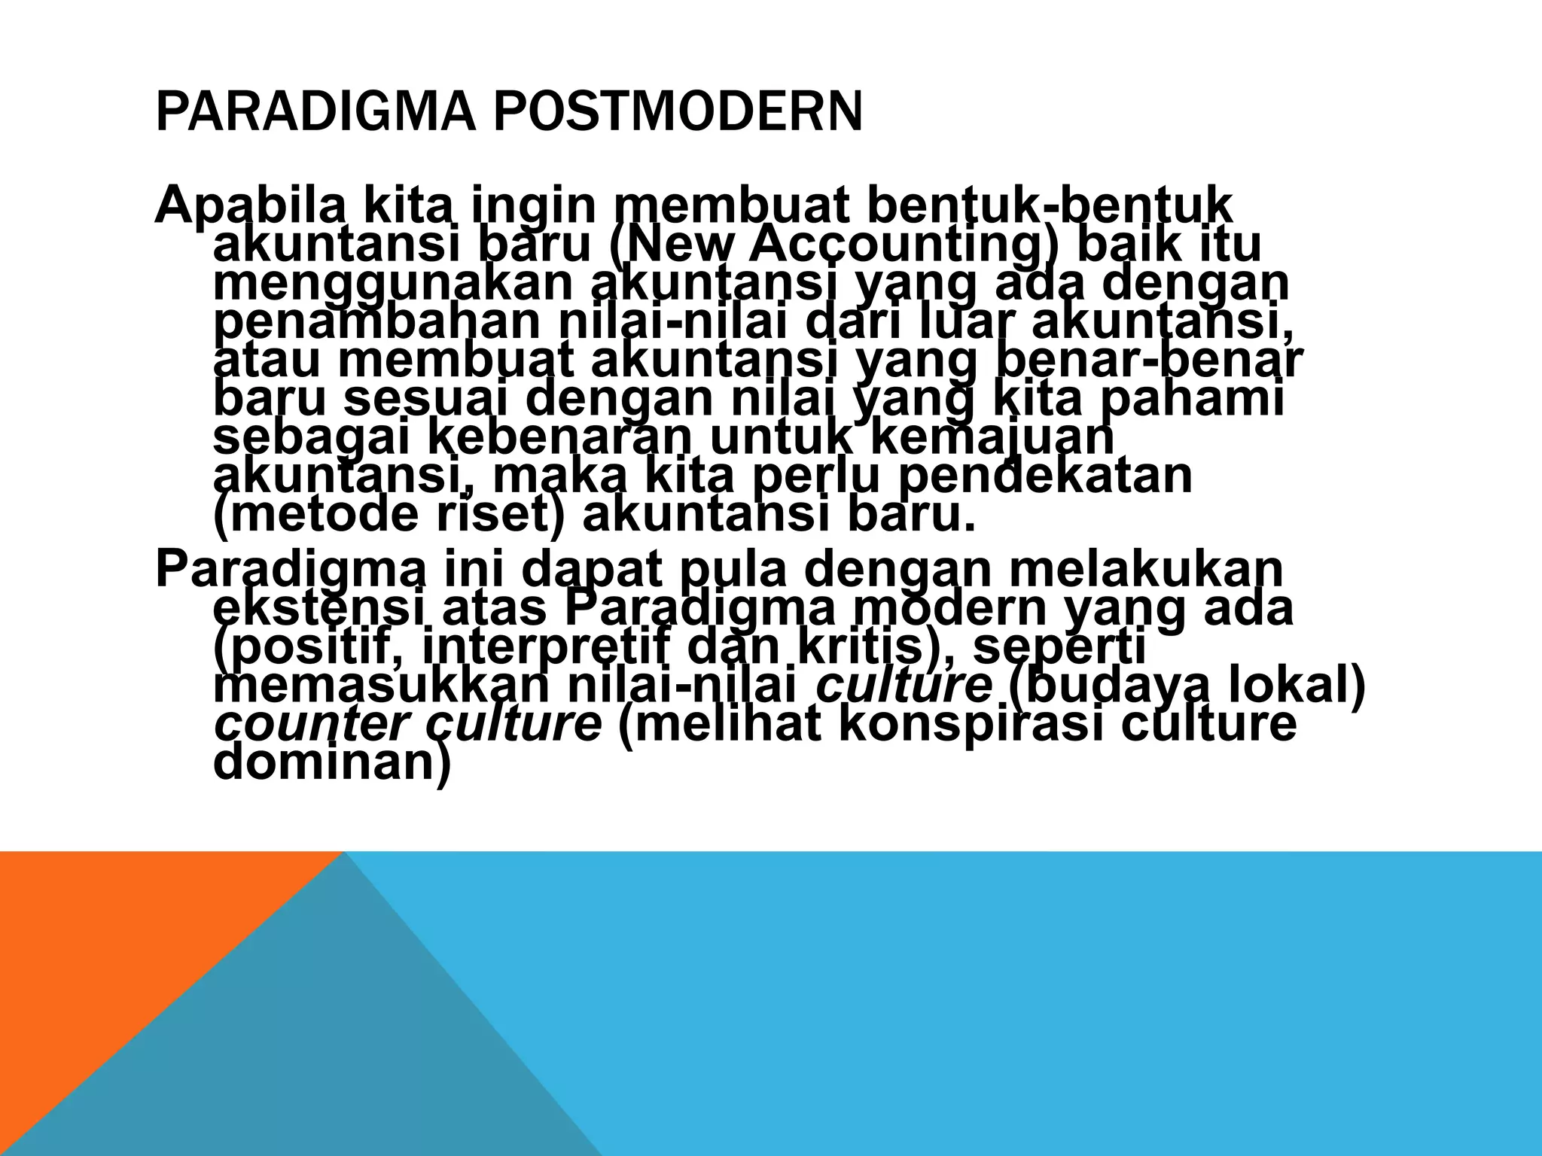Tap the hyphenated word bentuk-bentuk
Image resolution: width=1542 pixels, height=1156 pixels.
coord(1050,205)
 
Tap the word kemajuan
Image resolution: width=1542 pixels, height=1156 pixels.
coord(995,437)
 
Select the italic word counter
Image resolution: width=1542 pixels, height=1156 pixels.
coord(312,724)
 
